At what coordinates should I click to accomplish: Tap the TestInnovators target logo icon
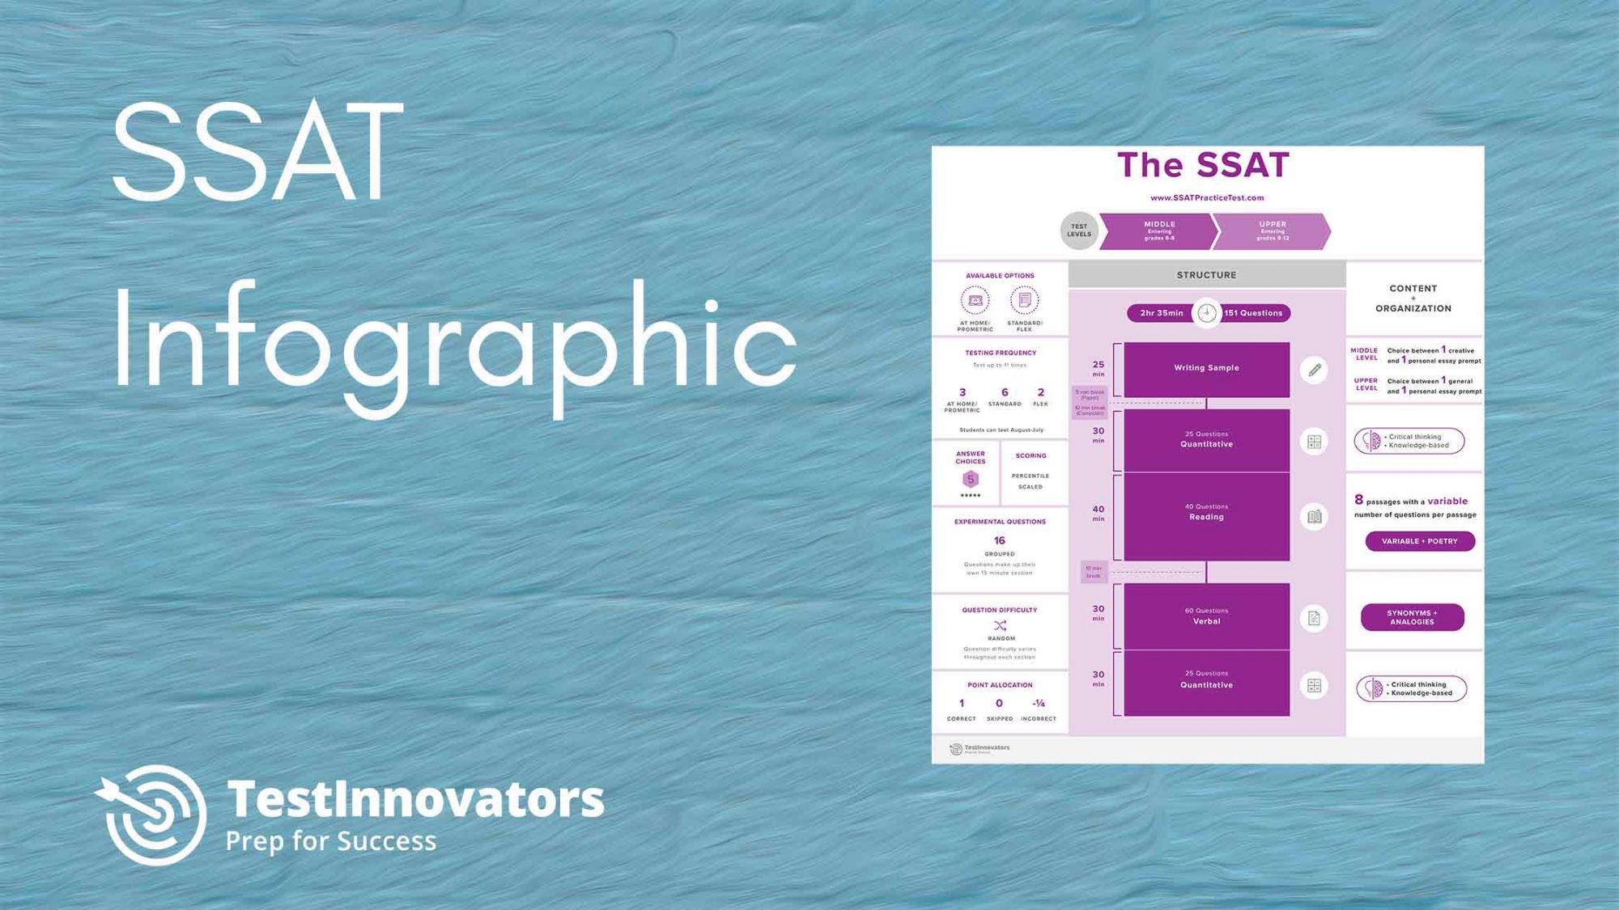tap(152, 814)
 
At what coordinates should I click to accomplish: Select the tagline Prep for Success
tap(330, 841)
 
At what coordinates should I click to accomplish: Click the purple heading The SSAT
tap(1203, 165)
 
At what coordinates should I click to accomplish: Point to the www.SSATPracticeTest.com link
tap(1206, 197)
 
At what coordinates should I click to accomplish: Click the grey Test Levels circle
tap(1079, 231)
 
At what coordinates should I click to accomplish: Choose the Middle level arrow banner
tap(1158, 231)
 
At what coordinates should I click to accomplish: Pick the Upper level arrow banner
tap(1272, 231)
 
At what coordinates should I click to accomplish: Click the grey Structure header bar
tap(1206, 275)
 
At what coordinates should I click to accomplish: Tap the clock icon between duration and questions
tap(1206, 313)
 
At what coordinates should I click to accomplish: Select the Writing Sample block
tap(1206, 368)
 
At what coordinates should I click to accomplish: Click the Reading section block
tap(1206, 516)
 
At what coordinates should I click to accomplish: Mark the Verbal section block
tap(1206, 616)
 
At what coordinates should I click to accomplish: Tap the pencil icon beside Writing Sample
tap(1315, 370)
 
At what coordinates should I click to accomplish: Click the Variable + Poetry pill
tap(1419, 541)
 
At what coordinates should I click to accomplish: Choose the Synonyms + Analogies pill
tap(1412, 617)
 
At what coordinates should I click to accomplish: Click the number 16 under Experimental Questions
tap(999, 540)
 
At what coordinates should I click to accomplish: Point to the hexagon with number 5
tap(970, 479)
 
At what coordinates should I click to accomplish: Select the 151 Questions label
tap(1253, 313)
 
